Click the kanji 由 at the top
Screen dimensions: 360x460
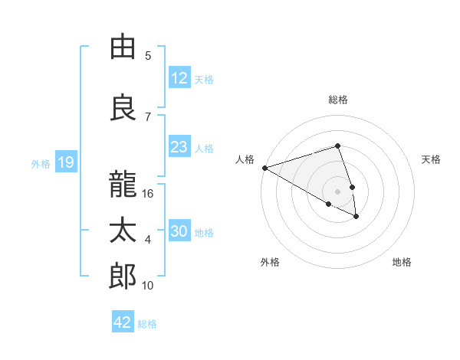[x=123, y=48]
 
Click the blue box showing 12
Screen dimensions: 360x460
[x=179, y=79]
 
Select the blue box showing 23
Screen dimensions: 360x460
[x=179, y=147]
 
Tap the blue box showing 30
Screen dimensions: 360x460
[x=179, y=232]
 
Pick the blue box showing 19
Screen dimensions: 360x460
[x=65, y=162]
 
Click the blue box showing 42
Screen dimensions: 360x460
[x=123, y=322]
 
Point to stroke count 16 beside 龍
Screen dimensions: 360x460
[x=149, y=194]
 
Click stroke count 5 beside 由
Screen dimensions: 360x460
[x=148, y=56]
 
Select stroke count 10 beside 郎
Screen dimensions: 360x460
[x=148, y=286]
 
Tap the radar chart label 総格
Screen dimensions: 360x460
[x=337, y=100]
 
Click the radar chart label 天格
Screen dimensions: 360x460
[x=431, y=159]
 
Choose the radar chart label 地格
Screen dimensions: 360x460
[x=402, y=262]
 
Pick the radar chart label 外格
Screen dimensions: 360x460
[x=270, y=262]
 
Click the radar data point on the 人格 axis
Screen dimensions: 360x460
[x=264, y=167]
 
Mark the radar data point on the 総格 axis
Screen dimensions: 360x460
[x=337, y=146]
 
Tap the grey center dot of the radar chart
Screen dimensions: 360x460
[x=337, y=191]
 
